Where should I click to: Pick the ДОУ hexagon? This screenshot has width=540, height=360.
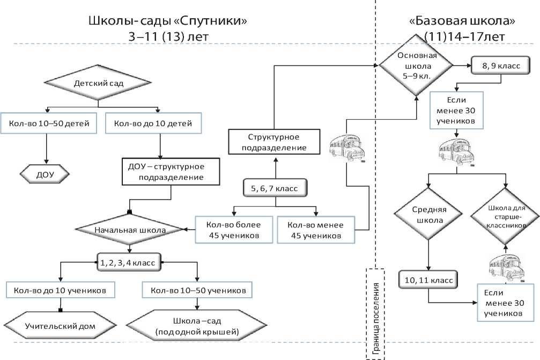(45, 174)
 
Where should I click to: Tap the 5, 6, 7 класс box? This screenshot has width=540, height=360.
(275, 188)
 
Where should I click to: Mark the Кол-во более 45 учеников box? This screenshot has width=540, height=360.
(230, 230)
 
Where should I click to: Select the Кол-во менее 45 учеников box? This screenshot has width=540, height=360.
(316, 230)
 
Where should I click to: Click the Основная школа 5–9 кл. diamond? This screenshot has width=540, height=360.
(417, 66)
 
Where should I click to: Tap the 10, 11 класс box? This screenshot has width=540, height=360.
(428, 280)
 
